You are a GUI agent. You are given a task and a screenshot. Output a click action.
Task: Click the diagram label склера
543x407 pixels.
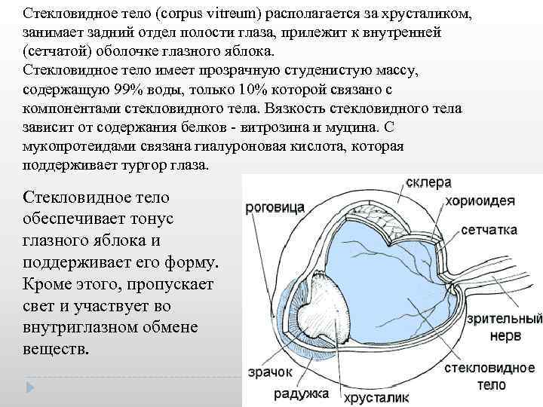(428, 183)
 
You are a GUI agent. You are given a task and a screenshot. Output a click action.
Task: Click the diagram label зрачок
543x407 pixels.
(269, 372)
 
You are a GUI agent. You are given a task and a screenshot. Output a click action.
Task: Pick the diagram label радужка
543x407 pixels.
(301, 393)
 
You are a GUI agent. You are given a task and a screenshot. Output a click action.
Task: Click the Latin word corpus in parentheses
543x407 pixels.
(199, 14)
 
